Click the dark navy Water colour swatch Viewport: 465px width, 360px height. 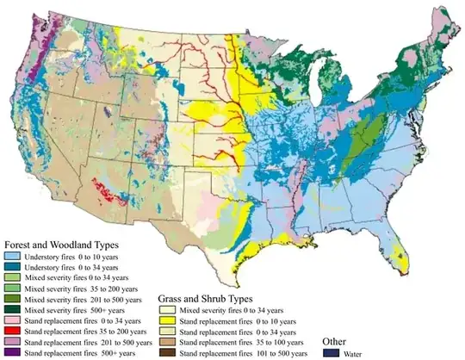330,352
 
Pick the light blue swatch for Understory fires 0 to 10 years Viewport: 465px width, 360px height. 12,257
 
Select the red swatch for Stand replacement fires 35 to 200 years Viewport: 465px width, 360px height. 12,329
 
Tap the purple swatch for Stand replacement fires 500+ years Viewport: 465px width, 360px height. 12,353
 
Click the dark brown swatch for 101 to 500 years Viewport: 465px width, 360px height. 166,353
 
